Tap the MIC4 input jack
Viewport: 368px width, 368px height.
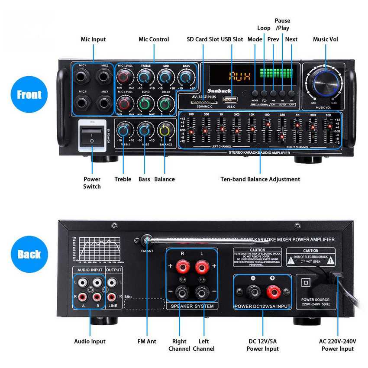(x=104, y=103)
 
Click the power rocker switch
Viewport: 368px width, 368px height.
(x=91, y=135)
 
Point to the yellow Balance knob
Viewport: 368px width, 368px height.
(x=165, y=129)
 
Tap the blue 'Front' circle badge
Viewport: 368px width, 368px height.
(x=29, y=95)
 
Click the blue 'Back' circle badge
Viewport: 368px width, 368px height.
(x=29, y=254)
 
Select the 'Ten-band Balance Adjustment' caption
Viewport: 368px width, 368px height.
(x=260, y=179)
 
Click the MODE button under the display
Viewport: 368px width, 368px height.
(x=255, y=93)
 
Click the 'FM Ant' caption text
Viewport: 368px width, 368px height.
(x=147, y=341)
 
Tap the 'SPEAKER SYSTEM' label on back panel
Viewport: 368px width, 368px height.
(x=192, y=306)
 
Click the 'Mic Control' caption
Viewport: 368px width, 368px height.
(x=154, y=39)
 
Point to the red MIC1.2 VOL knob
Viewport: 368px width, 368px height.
(x=124, y=77)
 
